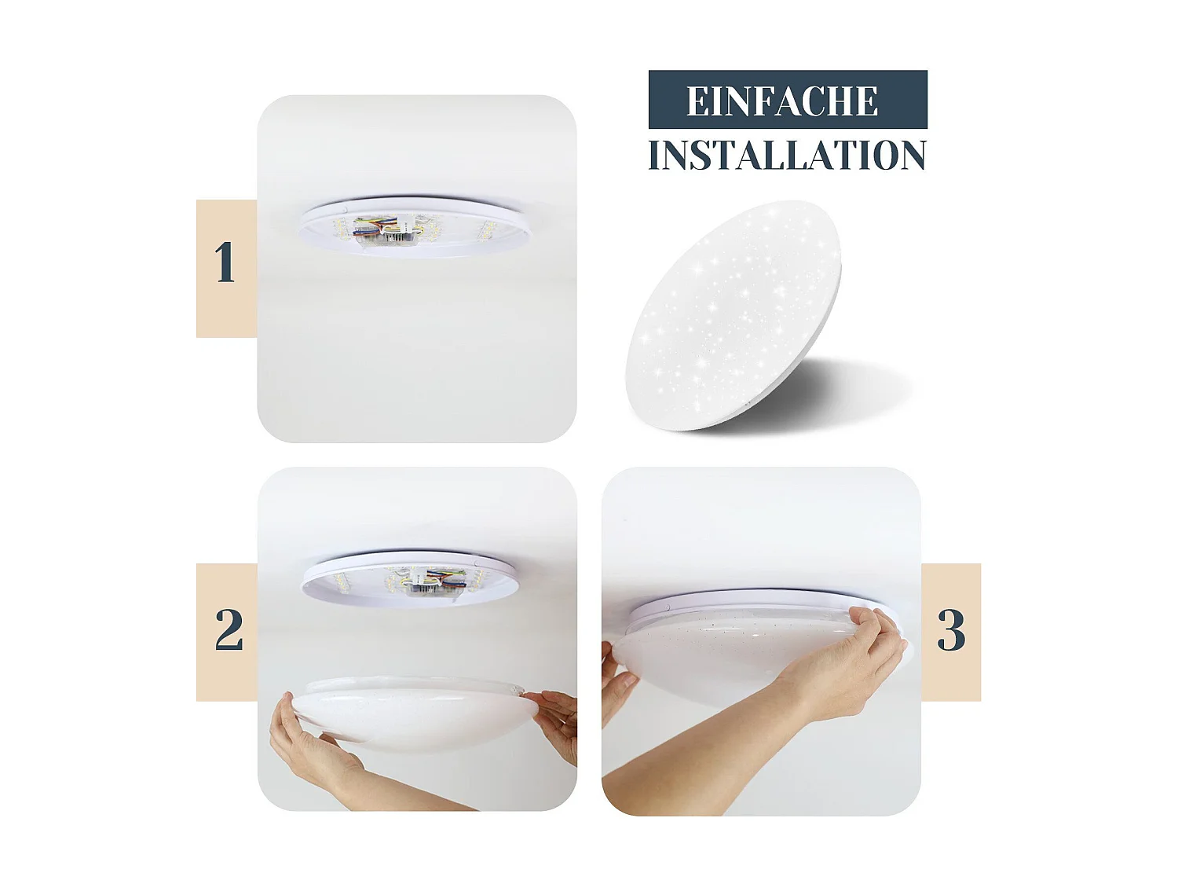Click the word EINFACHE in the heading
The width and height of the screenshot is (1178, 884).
pyautogui.click(x=782, y=101)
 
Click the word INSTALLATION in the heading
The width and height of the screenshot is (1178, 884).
pyautogui.click(x=787, y=156)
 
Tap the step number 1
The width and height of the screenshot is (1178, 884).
pyautogui.click(x=225, y=262)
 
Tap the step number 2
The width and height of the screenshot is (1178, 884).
pyautogui.click(x=229, y=629)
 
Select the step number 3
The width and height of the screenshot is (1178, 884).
pyautogui.click(x=951, y=630)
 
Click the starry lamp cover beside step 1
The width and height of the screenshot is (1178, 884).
pyautogui.click(x=734, y=314)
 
